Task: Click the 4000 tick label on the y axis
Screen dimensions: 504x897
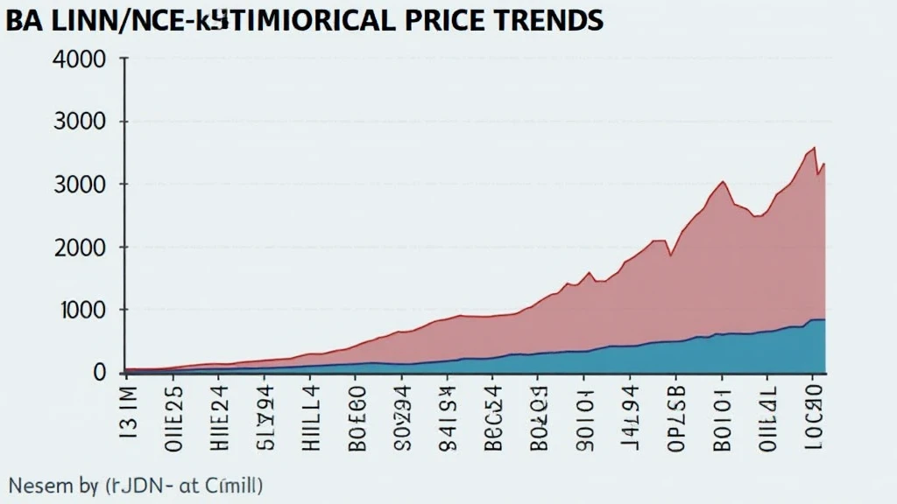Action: (x=80, y=60)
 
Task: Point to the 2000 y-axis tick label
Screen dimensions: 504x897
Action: (x=80, y=248)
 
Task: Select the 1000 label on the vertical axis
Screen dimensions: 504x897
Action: (x=80, y=311)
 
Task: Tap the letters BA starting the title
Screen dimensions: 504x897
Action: (x=24, y=19)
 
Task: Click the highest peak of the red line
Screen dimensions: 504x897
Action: (x=815, y=147)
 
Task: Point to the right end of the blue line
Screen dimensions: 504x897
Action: (x=824, y=320)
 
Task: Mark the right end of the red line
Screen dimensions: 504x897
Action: (x=824, y=164)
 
